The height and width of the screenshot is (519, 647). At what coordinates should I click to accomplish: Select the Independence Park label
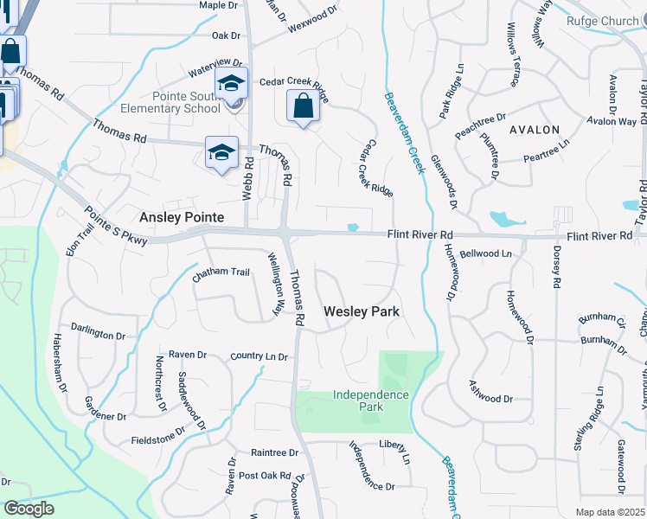pos(370,400)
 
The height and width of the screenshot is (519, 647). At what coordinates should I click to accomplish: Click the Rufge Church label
pos(603,22)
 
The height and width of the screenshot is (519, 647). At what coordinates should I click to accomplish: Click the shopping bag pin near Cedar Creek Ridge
pos(303,108)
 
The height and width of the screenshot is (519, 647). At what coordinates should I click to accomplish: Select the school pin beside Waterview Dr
pos(231,85)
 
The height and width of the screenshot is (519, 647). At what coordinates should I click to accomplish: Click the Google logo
pos(29,509)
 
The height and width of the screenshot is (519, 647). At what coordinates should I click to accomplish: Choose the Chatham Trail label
pos(221,272)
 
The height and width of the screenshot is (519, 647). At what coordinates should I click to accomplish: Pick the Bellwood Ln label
pos(486,254)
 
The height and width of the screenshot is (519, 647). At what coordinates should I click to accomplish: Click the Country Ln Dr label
pos(259,356)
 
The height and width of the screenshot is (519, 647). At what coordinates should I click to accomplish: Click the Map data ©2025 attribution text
pos(611,512)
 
